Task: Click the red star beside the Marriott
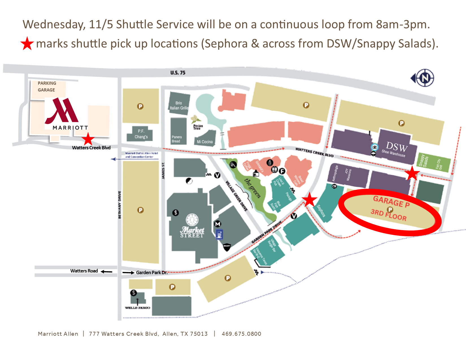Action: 88,139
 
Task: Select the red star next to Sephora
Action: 310,199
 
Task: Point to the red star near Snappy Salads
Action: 412,173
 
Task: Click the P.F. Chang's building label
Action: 141,134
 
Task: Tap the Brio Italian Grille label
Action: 179,105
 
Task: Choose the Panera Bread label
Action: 177,139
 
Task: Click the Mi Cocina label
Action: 205,142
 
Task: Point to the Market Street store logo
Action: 192,226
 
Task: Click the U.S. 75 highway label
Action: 178,73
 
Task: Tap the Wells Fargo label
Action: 138,307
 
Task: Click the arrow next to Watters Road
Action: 106,272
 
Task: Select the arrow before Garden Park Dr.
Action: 128,272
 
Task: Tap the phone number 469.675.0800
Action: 241,334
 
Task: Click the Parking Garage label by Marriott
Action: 47,87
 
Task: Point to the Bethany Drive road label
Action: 119,205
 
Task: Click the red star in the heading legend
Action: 27,44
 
